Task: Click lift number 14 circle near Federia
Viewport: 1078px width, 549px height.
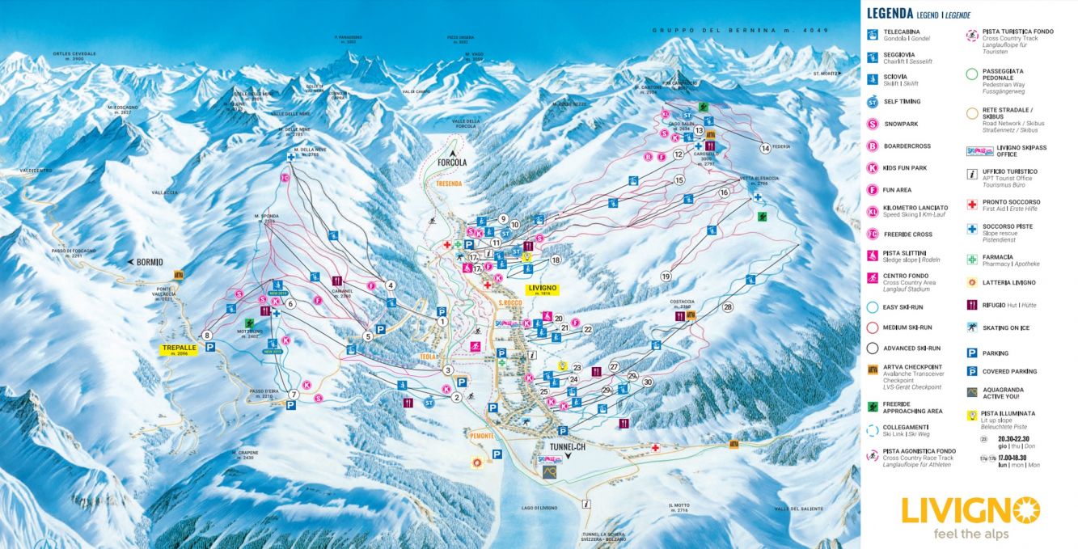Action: click(x=765, y=148)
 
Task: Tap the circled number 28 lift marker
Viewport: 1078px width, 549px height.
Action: click(x=727, y=307)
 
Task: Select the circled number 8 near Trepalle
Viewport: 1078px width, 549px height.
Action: click(x=208, y=335)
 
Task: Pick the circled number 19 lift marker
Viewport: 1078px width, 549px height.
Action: click(x=666, y=276)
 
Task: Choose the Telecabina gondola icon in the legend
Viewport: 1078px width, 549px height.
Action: click(x=873, y=35)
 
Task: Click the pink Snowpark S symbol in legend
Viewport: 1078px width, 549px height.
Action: click(x=873, y=124)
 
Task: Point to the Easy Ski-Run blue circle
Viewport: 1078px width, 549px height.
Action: click(x=873, y=306)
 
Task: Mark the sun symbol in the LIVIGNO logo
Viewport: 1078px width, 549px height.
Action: click(x=1027, y=510)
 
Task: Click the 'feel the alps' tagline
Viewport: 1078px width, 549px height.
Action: click(x=970, y=534)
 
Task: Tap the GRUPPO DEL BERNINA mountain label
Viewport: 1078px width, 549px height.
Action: click(x=727, y=30)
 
